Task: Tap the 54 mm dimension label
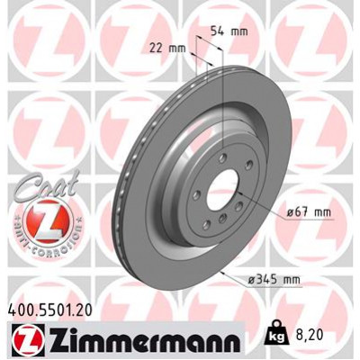click(229, 31)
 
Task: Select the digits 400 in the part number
click(21, 308)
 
